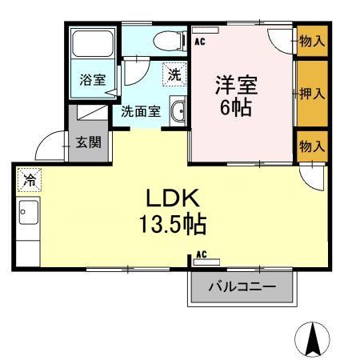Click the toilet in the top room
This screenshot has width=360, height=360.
tap(170, 41)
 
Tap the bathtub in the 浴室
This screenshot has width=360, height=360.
tap(92, 44)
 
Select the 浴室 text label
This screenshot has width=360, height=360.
tap(93, 79)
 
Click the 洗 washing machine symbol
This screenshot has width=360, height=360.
tap(174, 74)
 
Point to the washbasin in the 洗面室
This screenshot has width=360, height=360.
tap(178, 111)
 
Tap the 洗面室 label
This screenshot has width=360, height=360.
tap(141, 111)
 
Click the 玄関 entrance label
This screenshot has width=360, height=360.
tap(89, 142)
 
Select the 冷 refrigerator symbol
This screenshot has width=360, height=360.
tap(30, 180)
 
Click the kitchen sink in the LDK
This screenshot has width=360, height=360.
tap(28, 212)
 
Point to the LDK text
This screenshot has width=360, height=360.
tap(173, 198)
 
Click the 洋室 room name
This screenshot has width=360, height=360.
tap(236, 85)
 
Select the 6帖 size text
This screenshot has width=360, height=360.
tap(236, 107)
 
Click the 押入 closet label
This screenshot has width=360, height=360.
tap(312, 94)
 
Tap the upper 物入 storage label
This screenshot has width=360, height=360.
tap(312, 41)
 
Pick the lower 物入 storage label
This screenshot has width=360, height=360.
tap(312, 146)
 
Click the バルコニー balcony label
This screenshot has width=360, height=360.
tap(242, 287)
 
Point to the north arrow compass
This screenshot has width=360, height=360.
tap(312, 339)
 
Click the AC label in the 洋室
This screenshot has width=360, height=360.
tap(200, 42)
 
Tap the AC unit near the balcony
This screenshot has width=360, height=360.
tap(206, 262)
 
